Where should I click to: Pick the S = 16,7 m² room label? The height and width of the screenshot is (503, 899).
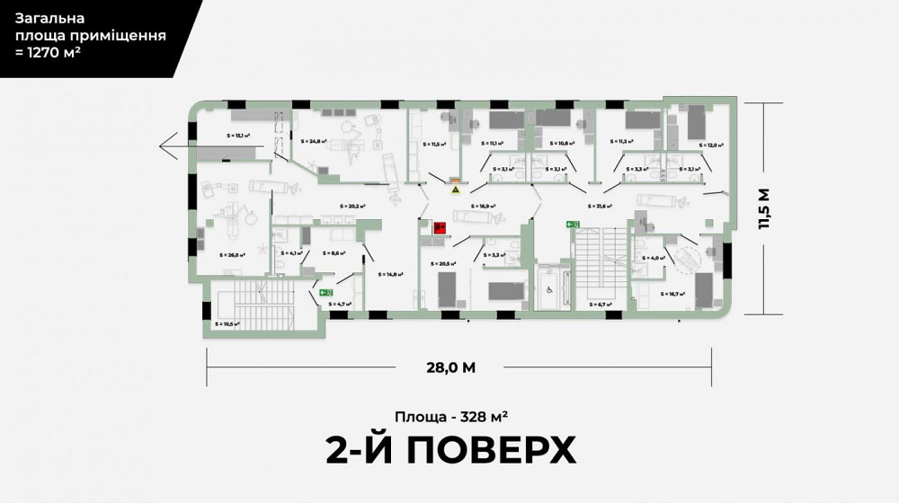[x=673, y=294]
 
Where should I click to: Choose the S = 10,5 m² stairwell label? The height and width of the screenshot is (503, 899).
[x=227, y=323]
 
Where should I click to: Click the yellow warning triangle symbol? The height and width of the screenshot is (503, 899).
[x=456, y=190]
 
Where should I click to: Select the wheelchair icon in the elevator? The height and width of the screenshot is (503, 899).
[x=547, y=289]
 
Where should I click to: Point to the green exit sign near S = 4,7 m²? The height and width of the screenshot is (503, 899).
[x=326, y=292]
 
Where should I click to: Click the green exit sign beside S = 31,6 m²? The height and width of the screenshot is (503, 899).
[x=573, y=224]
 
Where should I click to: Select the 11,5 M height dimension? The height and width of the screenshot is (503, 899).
[x=765, y=209]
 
